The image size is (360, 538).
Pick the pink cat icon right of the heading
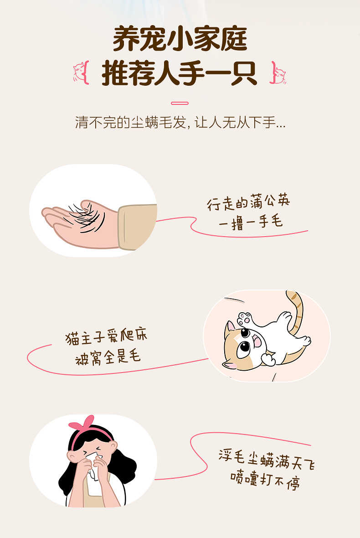click(279, 73)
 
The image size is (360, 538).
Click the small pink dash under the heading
click(180, 103)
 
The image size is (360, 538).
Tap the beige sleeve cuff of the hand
click(137, 227)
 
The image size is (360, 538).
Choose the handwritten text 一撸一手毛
click(251, 222)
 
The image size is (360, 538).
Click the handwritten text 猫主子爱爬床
click(107, 337)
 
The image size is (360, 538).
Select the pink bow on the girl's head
click(82, 424)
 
